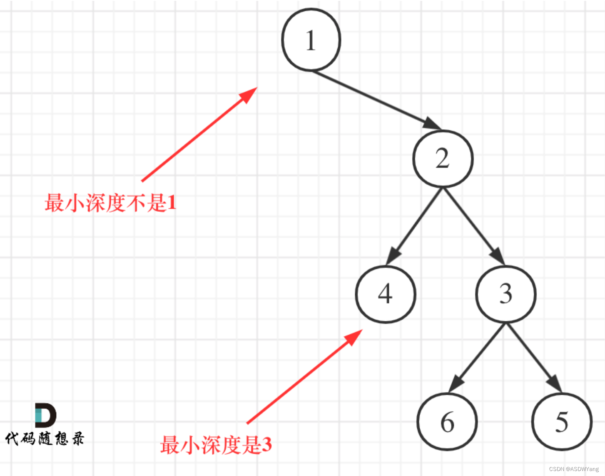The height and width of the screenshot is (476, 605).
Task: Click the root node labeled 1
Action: (311, 40)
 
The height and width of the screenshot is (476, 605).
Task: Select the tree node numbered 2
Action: (443, 159)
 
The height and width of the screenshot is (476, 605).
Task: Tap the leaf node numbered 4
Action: (386, 294)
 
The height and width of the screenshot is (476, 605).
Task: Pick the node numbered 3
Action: (505, 294)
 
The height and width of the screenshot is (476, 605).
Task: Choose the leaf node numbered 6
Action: (447, 422)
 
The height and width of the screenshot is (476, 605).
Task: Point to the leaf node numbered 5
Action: (562, 422)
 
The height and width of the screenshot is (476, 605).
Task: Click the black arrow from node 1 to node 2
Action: (375, 99)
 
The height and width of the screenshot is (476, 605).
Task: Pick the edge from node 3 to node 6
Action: (477, 357)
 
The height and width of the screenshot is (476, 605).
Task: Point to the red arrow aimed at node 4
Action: (304, 377)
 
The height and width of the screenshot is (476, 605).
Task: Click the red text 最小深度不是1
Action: (110, 203)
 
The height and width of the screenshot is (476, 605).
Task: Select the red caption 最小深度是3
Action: (216, 445)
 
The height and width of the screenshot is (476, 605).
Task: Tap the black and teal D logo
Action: (45, 415)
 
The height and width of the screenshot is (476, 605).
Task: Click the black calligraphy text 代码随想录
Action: (45, 438)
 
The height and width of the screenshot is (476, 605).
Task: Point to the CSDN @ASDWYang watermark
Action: (574, 469)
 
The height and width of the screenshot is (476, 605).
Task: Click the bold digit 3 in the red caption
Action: (266, 445)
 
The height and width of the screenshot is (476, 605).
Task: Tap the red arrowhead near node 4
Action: (354, 336)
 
